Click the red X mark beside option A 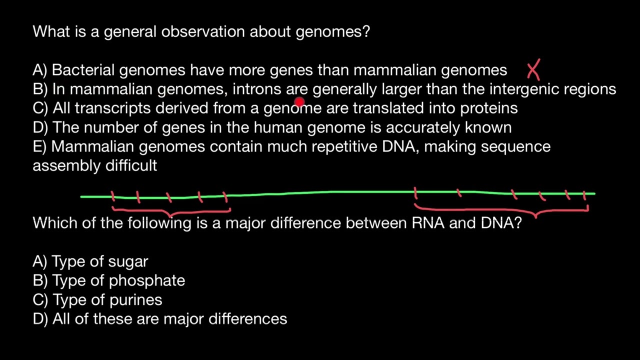click(x=533, y=69)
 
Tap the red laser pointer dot click(x=299, y=102)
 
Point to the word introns click(x=257, y=89)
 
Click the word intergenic click(x=524, y=89)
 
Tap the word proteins click(x=488, y=108)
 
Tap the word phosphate click(x=146, y=280)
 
